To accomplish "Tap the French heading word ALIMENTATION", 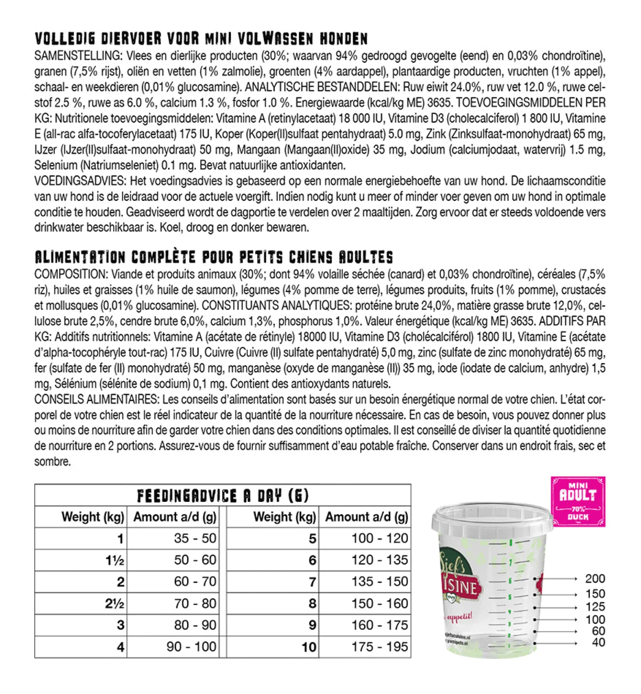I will click(80, 257).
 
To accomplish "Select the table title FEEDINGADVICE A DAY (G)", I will click(223, 496).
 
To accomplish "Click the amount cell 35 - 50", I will click(195, 538).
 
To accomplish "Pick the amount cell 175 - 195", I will click(379, 647).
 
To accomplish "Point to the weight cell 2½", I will click(115, 604).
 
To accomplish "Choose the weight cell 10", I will click(309, 647).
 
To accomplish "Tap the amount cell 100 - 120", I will click(379, 538).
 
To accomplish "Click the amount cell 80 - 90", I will click(195, 625).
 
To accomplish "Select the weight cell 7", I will click(312, 582).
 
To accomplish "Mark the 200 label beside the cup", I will click(595, 579).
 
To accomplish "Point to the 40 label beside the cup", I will click(598, 643).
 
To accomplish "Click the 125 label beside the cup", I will click(595, 607).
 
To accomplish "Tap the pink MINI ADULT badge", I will click(578, 501).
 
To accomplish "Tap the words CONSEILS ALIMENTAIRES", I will click(96, 399).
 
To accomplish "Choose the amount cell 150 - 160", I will click(379, 604).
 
